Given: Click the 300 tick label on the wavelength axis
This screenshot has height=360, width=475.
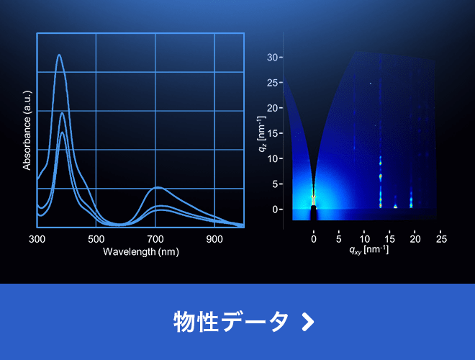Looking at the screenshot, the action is point(37,239).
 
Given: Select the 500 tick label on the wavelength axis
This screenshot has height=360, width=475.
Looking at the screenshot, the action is point(96,239).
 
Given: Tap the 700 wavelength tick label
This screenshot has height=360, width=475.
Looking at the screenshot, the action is point(155,239).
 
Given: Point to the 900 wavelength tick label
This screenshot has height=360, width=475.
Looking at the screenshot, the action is point(214,239).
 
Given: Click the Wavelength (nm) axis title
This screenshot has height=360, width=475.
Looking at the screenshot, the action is point(141,252).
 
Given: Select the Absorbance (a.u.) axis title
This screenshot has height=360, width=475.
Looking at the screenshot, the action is point(27,130).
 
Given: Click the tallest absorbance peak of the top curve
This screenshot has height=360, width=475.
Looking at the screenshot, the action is point(59,55).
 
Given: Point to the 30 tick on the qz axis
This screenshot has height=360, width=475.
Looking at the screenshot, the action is point(273,58).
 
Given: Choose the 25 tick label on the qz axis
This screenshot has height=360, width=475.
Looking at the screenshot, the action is point(273,83).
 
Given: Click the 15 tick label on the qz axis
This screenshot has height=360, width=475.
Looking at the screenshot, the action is point(273,133).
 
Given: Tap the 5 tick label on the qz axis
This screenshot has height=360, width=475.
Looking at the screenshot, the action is point(276,184).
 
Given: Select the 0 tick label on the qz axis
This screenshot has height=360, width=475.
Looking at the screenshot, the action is point(276,210).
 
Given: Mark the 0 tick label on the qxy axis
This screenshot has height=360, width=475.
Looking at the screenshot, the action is point(314,239).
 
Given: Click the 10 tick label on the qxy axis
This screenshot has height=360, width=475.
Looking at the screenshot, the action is point(364,239).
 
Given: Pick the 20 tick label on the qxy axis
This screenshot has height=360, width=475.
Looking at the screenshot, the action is point(415,239).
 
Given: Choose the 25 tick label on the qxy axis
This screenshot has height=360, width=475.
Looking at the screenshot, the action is point(441,239).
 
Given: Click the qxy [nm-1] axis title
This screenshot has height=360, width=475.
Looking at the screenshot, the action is point(368,250).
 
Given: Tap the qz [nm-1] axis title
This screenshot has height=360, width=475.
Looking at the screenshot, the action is point(262,134).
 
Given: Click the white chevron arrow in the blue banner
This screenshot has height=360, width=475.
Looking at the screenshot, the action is point(308,322).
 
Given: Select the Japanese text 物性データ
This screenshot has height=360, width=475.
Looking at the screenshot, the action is point(231,322).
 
